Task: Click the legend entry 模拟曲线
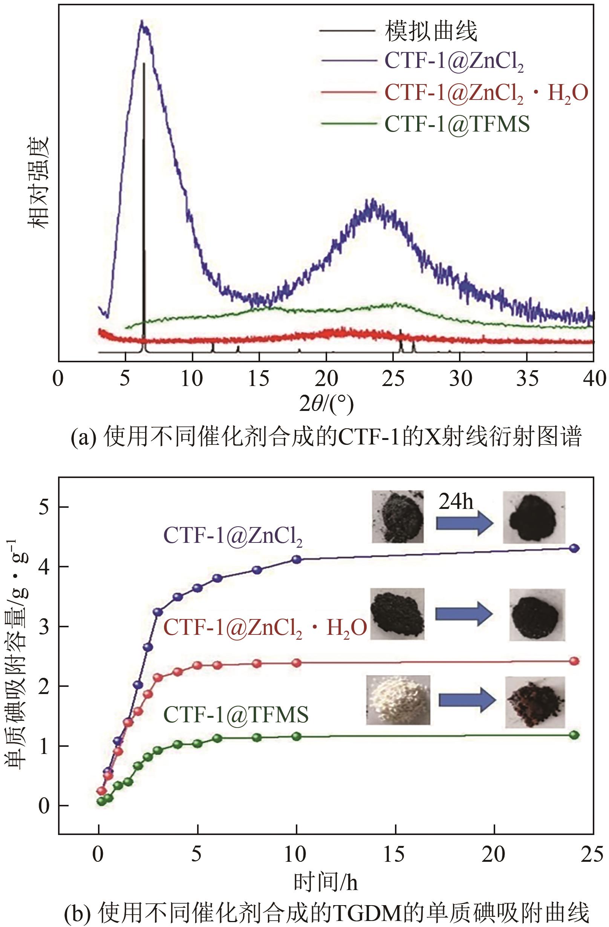(x=431, y=31)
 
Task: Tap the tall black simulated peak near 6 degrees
(x=144, y=195)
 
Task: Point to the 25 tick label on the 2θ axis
(x=393, y=378)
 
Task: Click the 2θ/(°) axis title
(x=326, y=404)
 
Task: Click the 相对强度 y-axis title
(x=38, y=183)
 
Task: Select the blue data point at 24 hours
(x=574, y=549)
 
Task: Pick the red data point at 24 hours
(x=574, y=661)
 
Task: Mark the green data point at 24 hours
(x=574, y=735)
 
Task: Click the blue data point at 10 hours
(x=297, y=559)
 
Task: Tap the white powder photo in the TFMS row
(x=398, y=700)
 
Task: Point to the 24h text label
(x=456, y=502)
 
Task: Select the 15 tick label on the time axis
(x=394, y=854)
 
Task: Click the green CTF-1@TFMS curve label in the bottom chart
(x=236, y=714)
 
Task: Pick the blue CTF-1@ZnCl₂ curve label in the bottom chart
(x=233, y=536)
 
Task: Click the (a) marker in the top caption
(x=83, y=437)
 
